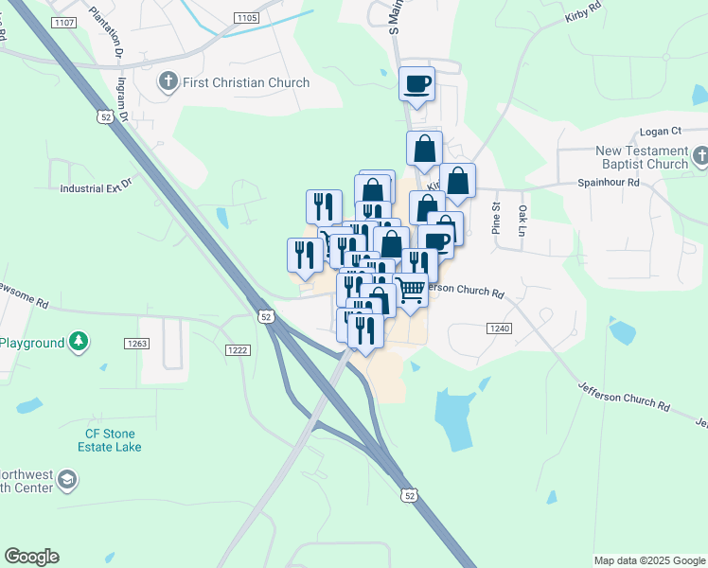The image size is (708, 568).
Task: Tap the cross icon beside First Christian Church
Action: pos(169,81)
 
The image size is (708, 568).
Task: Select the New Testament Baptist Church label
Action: pos(642,157)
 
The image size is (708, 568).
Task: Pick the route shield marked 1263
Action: pos(136,343)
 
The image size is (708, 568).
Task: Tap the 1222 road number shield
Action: pos(237,350)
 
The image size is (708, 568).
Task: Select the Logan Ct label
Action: pos(661,132)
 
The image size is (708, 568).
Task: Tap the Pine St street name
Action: pos(494,218)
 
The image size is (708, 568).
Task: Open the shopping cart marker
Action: pos(410,289)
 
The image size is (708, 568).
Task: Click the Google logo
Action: pos(31,557)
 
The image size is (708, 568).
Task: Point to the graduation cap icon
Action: pos(67,480)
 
